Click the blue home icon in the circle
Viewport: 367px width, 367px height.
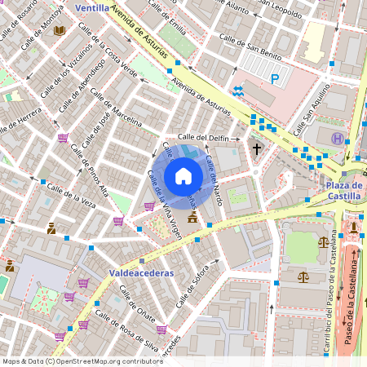[x=183, y=176]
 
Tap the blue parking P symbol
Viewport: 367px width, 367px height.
[x=275, y=79]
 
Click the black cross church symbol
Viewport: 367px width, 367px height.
[x=257, y=149]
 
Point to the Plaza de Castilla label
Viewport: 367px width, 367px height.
[x=344, y=191]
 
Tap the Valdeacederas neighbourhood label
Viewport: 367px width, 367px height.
[x=141, y=273]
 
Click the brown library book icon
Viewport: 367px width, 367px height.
[x=59, y=31]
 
